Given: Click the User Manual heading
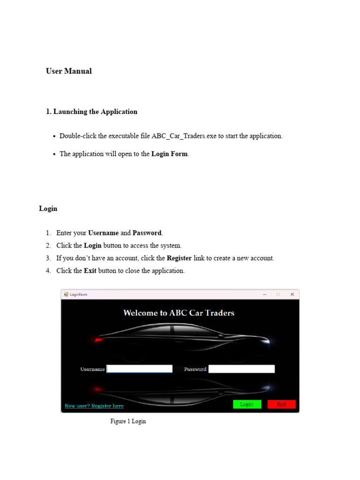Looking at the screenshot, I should [x=68, y=71].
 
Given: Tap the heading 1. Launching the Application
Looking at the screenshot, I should [x=91, y=112].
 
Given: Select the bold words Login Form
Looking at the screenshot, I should [x=169, y=154].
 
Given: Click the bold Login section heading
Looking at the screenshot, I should [x=48, y=209].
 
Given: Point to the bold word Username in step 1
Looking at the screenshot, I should [x=103, y=233].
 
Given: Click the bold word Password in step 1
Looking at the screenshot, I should [x=147, y=233].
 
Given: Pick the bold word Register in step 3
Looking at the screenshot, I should [x=179, y=258].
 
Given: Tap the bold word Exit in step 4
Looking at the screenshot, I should [x=90, y=271].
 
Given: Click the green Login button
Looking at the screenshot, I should [x=247, y=404].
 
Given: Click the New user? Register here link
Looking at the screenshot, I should [x=94, y=406].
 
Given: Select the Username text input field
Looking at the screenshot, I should [x=140, y=369].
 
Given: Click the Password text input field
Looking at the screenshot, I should [x=241, y=369].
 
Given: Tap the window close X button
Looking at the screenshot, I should [x=292, y=294].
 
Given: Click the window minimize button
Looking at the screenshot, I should [x=265, y=294].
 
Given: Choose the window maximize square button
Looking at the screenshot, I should [x=278, y=294].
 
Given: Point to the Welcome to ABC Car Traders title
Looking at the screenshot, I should [x=179, y=313].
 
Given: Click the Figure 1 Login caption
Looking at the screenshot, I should [x=128, y=421].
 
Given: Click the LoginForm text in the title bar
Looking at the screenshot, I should [x=78, y=294].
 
